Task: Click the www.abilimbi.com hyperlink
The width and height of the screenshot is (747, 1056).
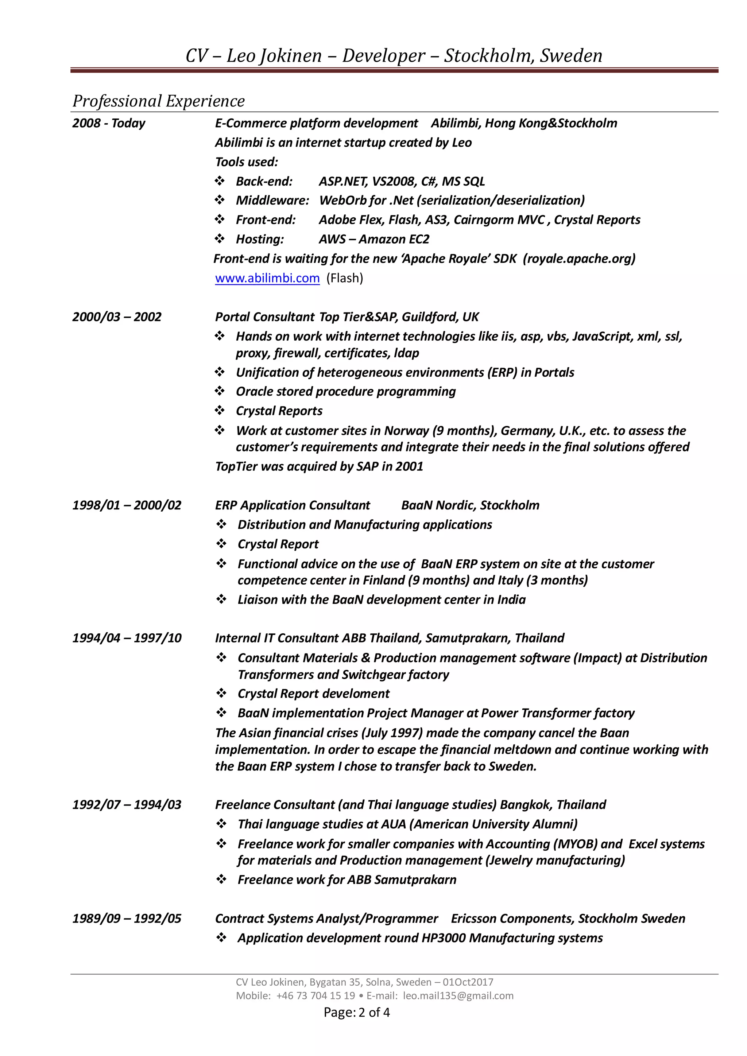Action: coord(267,278)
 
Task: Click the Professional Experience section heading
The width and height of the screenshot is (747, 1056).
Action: coord(159,101)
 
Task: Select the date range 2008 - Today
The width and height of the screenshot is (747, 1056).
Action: coord(109,123)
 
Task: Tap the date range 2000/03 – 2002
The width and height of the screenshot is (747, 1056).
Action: coord(117,317)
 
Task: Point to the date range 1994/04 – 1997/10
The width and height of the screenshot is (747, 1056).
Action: coord(127,638)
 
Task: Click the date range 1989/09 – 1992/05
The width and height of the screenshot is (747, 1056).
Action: coord(127,919)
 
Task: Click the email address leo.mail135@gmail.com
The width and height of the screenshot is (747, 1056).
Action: coord(458,996)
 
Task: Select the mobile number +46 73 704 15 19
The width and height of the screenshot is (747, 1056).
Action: coord(316,996)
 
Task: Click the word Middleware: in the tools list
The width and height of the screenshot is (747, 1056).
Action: coord(272,201)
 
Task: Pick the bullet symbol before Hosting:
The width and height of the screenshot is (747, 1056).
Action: coord(220,239)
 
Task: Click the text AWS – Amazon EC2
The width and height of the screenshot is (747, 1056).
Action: coord(374,239)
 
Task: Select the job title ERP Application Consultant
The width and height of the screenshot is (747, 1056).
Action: coord(293,505)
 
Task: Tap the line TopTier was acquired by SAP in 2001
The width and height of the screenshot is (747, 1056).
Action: coord(319,466)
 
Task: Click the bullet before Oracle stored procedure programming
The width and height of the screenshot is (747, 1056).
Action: coord(220,391)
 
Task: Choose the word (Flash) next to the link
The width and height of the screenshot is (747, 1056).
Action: coord(345,278)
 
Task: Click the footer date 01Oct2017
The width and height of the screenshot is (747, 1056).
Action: coord(468,982)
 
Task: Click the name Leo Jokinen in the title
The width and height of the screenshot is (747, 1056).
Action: coord(274,56)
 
